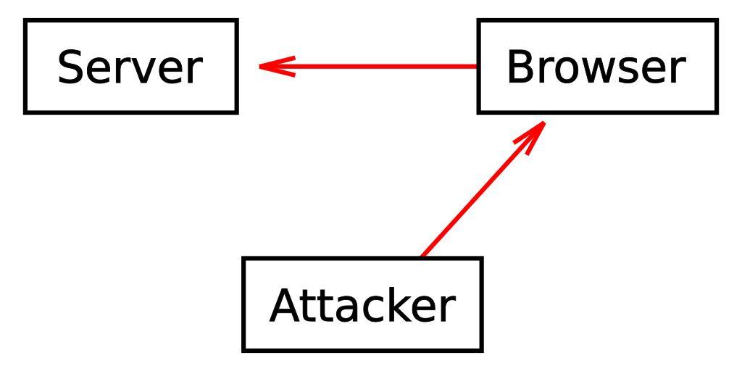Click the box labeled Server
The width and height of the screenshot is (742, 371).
point(130,67)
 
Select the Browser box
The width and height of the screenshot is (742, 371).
point(597,67)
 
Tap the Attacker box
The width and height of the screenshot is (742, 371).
point(362,304)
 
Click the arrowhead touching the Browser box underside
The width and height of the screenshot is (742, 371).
point(535,131)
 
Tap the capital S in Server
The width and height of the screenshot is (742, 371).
point(71,67)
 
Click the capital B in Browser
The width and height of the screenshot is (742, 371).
point(520,67)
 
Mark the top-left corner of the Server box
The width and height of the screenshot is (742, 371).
point(26,21)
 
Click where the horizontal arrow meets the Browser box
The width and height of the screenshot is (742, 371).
point(478,67)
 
